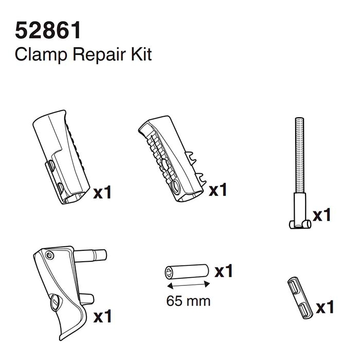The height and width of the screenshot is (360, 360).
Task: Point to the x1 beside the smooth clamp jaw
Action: click(102, 193)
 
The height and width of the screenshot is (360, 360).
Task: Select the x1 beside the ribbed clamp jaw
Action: click(218, 190)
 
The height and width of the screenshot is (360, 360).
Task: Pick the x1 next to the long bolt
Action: click(322, 214)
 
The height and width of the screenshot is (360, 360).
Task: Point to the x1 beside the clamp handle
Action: click(102, 316)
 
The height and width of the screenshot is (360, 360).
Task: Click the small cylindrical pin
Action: click(186, 271)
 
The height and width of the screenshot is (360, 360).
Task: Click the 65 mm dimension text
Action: click(188, 300)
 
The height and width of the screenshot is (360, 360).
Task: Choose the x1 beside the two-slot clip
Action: click(325, 308)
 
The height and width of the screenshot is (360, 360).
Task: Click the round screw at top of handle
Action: click(49, 256)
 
